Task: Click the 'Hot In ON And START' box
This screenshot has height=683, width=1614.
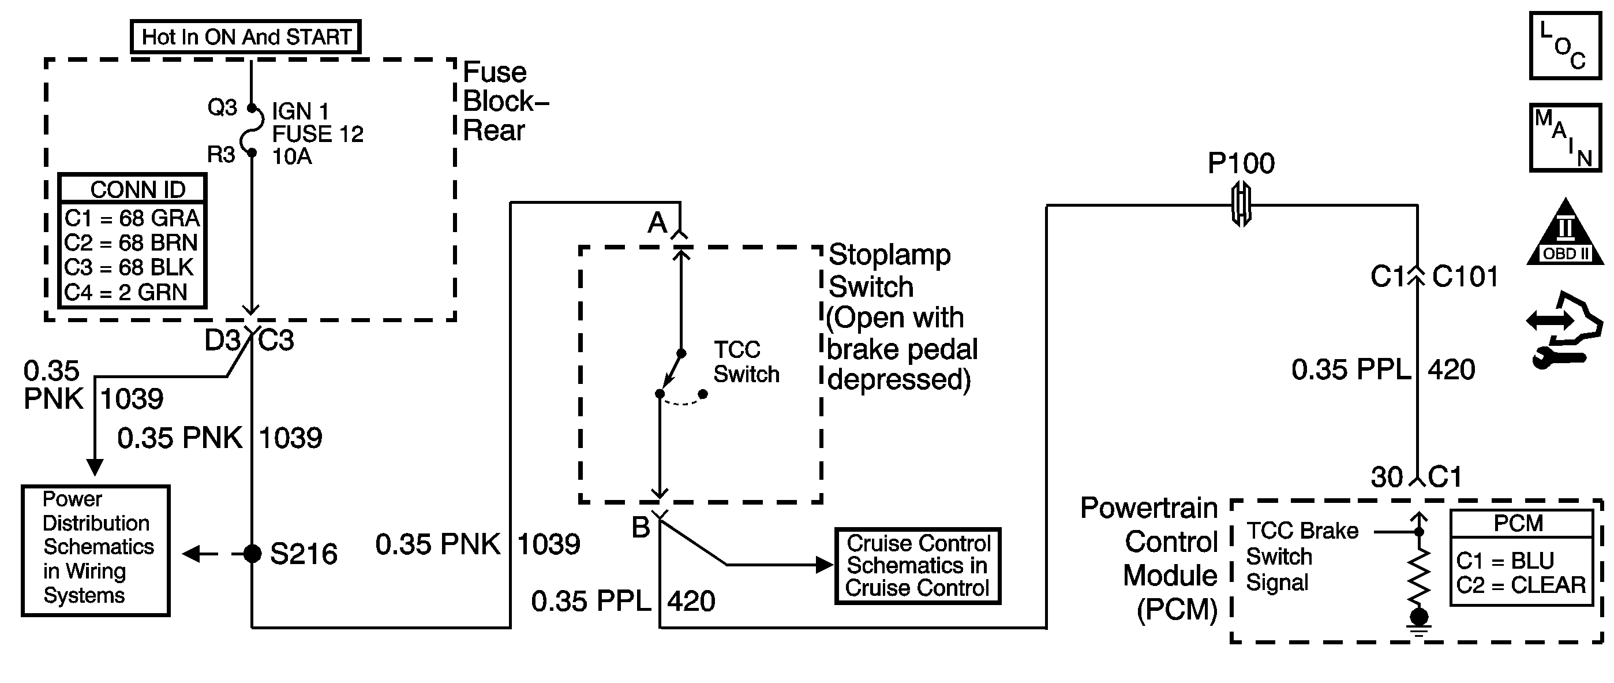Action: point(246,37)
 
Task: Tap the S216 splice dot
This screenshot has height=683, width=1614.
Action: point(252,554)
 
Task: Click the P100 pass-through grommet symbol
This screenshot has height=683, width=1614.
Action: point(1241,204)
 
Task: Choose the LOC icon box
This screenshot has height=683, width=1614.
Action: point(1564,46)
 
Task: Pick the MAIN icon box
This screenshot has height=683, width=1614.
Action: point(1564,138)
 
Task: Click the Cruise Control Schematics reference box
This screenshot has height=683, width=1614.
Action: point(918,566)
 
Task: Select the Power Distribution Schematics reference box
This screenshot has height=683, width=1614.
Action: point(96,551)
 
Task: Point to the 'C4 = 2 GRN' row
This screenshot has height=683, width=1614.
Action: point(126,293)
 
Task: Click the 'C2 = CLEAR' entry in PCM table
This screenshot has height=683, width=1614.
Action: point(1521,585)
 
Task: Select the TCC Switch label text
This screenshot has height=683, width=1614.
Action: point(746,362)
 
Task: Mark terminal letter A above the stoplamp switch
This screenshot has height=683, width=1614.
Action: point(657,223)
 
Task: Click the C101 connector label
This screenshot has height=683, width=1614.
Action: point(1465,277)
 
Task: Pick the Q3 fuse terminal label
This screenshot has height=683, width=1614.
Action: point(222,108)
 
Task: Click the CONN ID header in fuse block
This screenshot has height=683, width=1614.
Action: point(138,189)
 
